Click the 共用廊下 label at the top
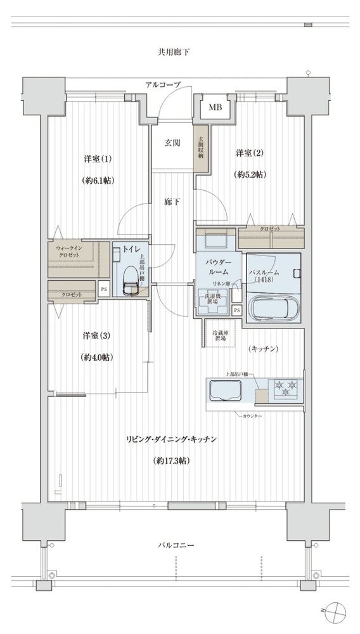click(174, 51)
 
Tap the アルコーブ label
click(162, 85)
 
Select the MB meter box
click(215, 107)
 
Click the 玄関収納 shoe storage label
click(200, 147)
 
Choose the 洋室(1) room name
click(96, 157)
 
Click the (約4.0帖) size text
click(97, 357)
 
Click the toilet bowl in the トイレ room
click(129, 287)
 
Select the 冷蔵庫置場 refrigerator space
click(215, 334)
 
